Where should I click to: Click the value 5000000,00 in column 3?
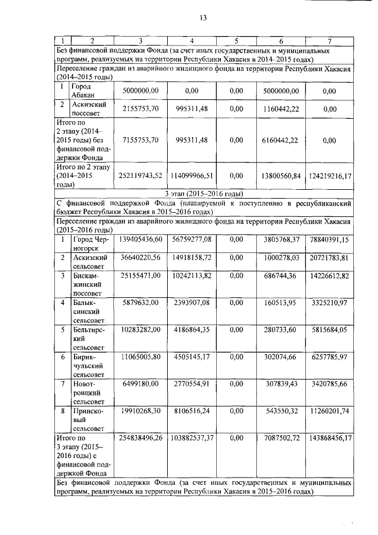pyautogui.click(x=141, y=91)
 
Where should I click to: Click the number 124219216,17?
pyautogui.click(x=330, y=176)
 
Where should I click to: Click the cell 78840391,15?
pyautogui.click(x=330, y=239)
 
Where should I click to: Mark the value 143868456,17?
pyautogui.click(x=330, y=438)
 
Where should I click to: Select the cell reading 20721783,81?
pyautogui.click(x=330, y=258)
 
